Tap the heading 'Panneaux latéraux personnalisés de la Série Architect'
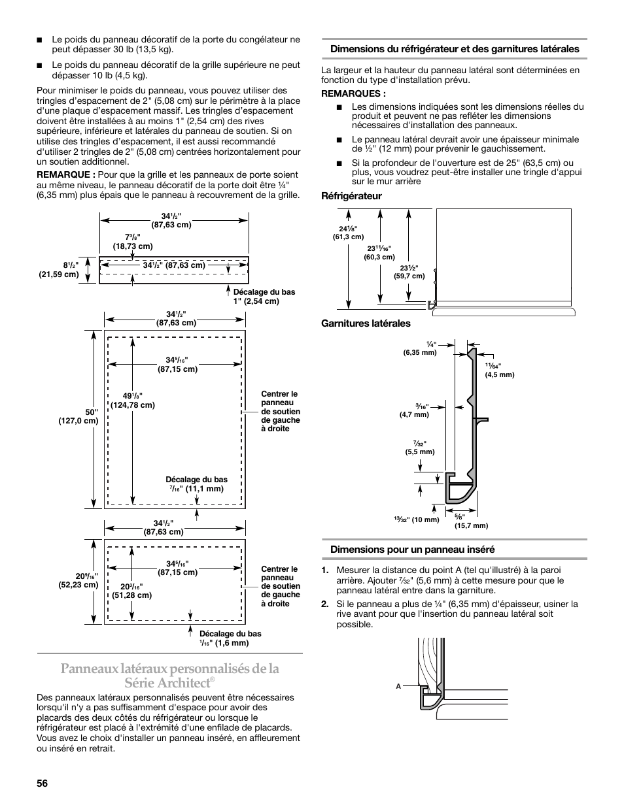pos(170,675)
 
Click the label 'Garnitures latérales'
pos(365,323)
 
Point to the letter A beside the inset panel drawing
pos(398,687)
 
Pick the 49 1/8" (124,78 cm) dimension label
pos(132,400)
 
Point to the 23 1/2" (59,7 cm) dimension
pos(409,271)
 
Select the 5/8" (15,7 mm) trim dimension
pos(471,521)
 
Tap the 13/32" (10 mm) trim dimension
pos(416,519)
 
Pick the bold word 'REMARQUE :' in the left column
pos(66,175)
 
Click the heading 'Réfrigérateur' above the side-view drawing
pos(351,196)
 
